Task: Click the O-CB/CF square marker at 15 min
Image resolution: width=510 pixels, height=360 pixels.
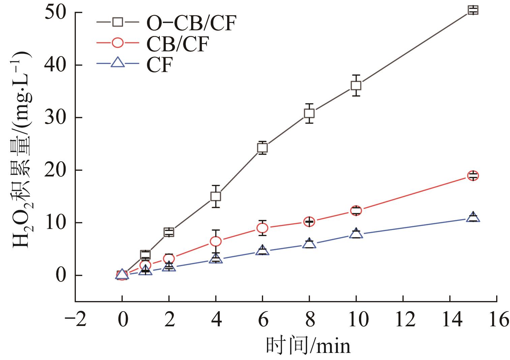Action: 473,10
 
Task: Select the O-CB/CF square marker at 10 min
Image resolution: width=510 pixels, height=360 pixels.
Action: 356,86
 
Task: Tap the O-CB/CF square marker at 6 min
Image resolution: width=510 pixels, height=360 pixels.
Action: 262,148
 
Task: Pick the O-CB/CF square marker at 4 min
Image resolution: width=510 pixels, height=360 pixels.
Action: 215,196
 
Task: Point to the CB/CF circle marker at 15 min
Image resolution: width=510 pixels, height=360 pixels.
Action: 473,175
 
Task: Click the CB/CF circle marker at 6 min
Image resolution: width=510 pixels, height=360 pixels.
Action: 262,228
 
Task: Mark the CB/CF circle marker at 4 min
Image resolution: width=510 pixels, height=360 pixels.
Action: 215,241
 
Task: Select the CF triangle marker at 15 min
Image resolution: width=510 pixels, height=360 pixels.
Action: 473,217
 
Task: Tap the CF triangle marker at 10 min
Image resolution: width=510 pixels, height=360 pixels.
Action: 356,233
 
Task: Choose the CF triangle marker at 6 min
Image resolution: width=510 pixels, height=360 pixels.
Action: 262,251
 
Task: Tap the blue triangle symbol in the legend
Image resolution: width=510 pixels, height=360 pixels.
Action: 118,63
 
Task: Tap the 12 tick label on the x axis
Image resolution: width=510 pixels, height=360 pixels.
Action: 403,319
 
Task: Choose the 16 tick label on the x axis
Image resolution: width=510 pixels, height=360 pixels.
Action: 497,319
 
